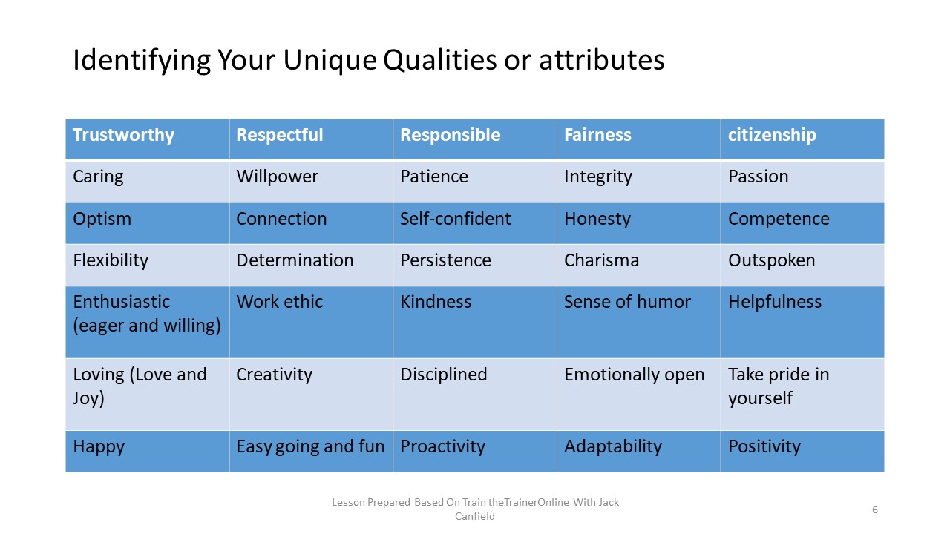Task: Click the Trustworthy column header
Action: (x=123, y=135)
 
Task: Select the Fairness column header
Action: (x=597, y=135)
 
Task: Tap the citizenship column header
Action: (x=772, y=135)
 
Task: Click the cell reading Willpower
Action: (x=277, y=177)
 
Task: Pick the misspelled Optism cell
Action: (x=102, y=219)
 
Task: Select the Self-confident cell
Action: (x=455, y=219)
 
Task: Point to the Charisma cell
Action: (x=601, y=260)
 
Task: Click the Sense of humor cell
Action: (x=627, y=302)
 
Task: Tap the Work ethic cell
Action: (x=279, y=302)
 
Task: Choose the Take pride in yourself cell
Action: (x=778, y=386)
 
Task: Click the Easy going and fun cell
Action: (x=310, y=446)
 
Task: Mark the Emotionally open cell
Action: (x=634, y=375)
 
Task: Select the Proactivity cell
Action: (x=442, y=446)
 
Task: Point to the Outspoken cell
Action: (x=771, y=260)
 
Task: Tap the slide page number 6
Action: (x=875, y=510)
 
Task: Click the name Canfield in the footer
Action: (x=474, y=516)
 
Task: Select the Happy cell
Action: (x=99, y=446)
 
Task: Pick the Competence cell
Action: (x=779, y=219)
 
